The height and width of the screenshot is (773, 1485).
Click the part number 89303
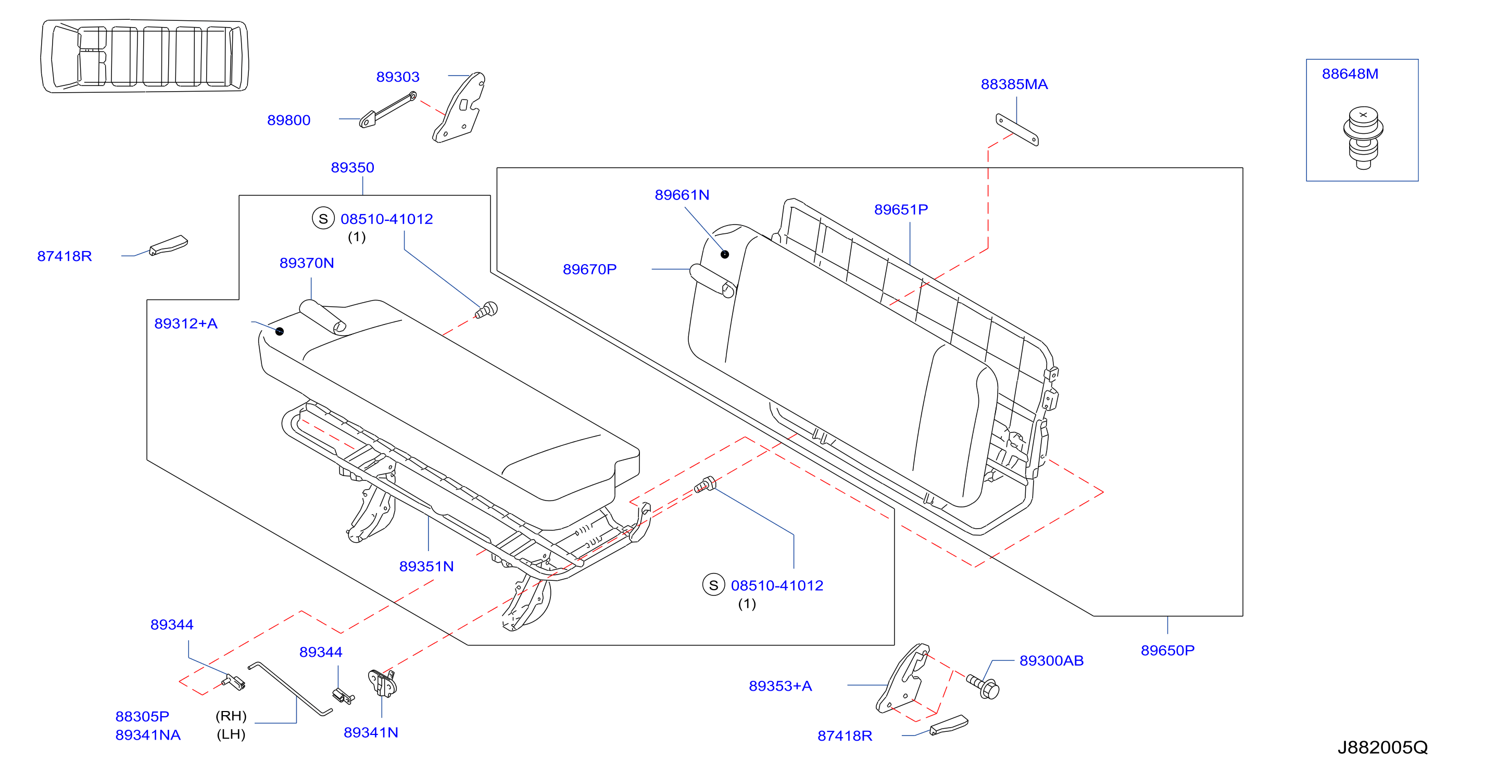point(398,77)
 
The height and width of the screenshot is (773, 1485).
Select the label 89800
point(289,120)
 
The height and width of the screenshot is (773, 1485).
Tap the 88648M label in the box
point(1350,74)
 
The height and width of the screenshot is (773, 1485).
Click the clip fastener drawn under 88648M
point(1363,138)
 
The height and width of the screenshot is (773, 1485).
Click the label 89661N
point(682,195)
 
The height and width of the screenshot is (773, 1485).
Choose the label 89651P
point(901,209)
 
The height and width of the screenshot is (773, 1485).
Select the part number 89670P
point(590,269)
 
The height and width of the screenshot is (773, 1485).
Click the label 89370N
point(307,263)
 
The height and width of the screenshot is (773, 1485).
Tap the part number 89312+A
point(185,323)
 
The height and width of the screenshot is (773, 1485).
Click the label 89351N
point(426,567)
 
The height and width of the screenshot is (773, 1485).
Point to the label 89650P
point(1168,651)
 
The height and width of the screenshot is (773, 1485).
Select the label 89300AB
point(1051,661)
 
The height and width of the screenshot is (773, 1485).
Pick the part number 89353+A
point(781,687)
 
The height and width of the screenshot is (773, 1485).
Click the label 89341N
point(371,732)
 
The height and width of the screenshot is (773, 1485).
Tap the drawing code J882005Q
point(1383,747)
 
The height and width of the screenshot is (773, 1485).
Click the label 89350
point(352,168)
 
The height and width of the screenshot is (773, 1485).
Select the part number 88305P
point(142,716)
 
